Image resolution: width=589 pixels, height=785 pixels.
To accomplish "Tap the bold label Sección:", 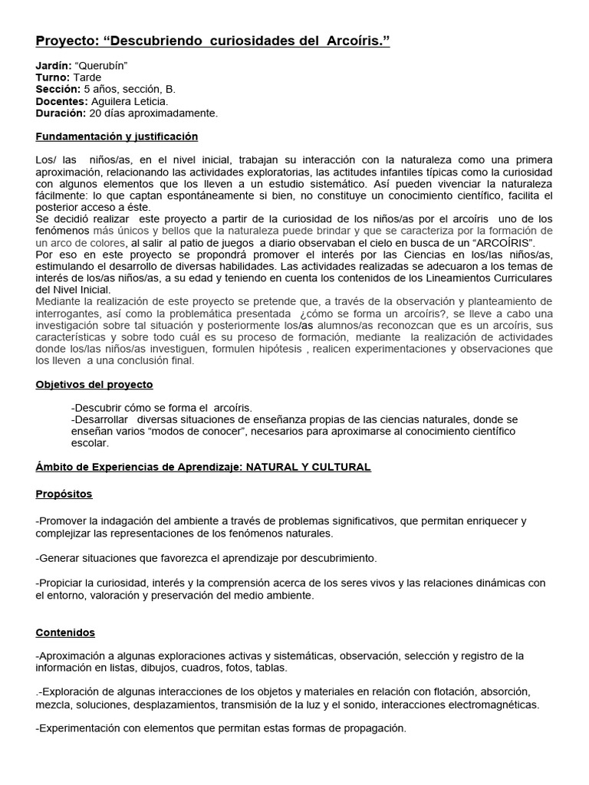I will pyautogui.click(x=58, y=90).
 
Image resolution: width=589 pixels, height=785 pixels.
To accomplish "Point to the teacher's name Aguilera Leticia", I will pyautogui.click(x=129, y=101).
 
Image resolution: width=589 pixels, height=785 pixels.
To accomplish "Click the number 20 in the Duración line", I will pyautogui.click(x=96, y=113).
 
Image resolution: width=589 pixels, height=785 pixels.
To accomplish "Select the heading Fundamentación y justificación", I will pyautogui.click(x=117, y=136).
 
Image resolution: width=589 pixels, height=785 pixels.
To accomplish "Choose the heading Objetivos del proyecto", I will pyautogui.click(x=94, y=384).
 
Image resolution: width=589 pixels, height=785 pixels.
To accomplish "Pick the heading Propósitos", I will pyautogui.click(x=64, y=494).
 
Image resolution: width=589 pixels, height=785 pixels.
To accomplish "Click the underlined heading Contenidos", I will pyautogui.click(x=65, y=632).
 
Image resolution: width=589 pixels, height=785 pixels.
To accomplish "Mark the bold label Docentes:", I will pyautogui.click(x=62, y=101).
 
